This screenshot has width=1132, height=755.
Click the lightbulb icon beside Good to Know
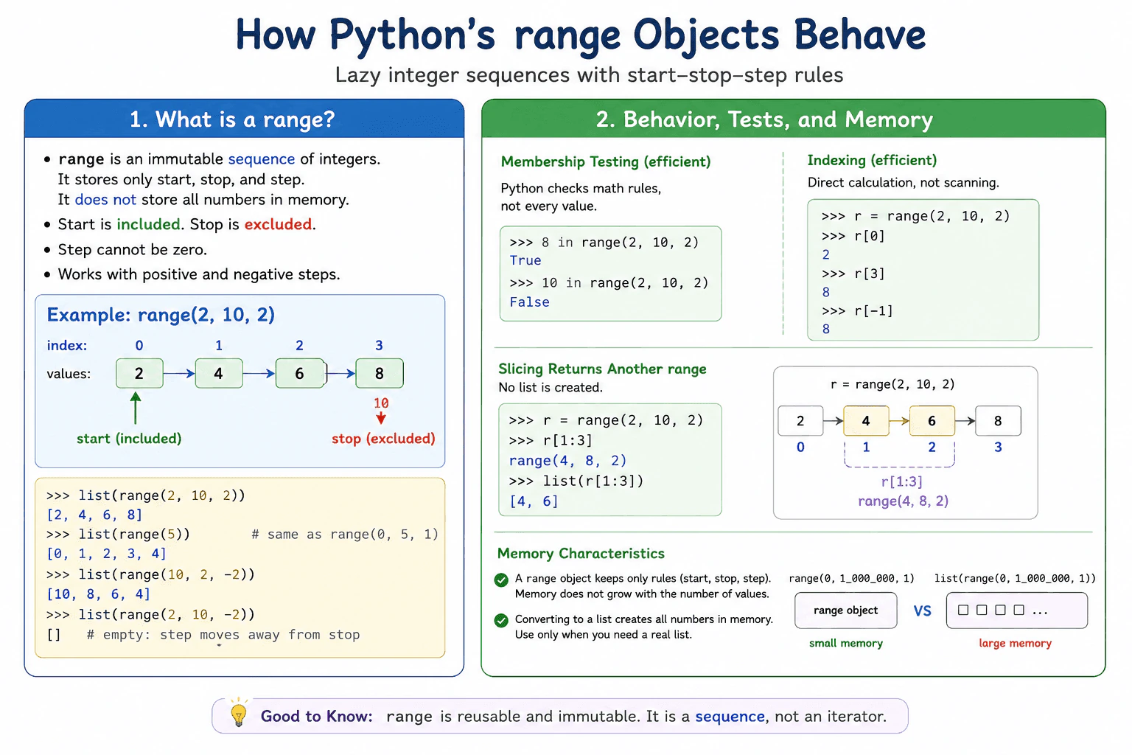click(x=239, y=714)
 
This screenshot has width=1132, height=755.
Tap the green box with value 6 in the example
click(x=300, y=373)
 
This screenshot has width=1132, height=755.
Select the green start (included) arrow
click(x=136, y=408)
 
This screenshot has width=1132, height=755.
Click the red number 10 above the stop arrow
click(x=381, y=403)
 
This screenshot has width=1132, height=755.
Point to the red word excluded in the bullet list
click(x=278, y=224)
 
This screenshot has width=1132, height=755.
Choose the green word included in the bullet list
click(x=148, y=224)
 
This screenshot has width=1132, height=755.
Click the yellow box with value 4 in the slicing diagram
click(x=866, y=421)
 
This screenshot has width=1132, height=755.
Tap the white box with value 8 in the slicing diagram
click(x=998, y=421)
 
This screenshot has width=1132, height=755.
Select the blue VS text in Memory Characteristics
click(x=922, y=611)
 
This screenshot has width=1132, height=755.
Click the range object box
click(x=846, y=610)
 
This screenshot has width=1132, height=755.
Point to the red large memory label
click(x=1016, y=643)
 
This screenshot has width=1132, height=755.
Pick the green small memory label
click(x=846, y=643)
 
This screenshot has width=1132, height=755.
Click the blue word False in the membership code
click(x=529, y=302)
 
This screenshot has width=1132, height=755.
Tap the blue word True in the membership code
click(x=525, y=260)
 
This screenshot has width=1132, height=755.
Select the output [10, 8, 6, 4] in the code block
click(x=99, y=594)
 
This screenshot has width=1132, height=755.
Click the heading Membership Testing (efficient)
click(x=605, y=161)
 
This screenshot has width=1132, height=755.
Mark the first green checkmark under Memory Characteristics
click(x=501, y=580)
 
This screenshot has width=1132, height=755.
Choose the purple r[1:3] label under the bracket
click(x=902, y=482)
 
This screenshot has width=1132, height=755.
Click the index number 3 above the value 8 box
click(x=379, y=345)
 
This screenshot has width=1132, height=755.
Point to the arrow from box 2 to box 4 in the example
click(x=179, y=374)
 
